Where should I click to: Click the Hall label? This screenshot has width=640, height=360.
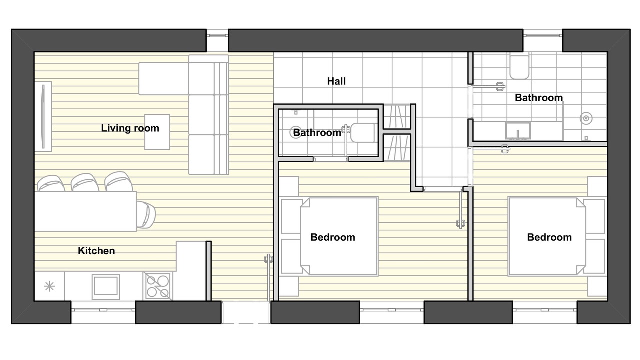[336, 81]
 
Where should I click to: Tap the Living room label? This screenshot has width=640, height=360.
[130, 128]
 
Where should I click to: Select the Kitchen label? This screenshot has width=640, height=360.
[96, 251]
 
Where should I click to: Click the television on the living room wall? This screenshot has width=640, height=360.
[43, 116]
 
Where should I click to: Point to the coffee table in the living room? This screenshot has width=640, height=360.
[157, 132]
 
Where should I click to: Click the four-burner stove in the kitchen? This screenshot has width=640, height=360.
[157, 286]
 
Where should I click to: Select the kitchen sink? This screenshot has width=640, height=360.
[106, 287]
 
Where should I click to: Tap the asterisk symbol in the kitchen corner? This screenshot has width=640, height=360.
[49, 286]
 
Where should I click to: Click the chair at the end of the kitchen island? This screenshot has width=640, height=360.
[146, 214]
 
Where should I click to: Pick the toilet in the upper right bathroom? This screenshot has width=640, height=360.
[519, 67]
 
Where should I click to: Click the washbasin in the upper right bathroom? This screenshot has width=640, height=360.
[517, 131]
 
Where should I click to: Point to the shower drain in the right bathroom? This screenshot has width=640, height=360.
[586, 118]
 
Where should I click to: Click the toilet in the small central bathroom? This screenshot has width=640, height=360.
[363, 133]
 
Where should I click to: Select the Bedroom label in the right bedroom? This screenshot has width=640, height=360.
[549, 237]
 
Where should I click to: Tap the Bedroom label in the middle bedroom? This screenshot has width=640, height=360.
[333, 237]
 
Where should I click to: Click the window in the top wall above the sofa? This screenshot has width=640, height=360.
[217, 35]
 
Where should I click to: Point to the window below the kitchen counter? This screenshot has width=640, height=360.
[103, 310]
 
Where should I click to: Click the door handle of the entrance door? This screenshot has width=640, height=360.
[267, 259]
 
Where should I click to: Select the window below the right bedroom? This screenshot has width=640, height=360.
[545, 310]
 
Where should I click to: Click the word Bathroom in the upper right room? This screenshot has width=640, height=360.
[539, 98]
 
